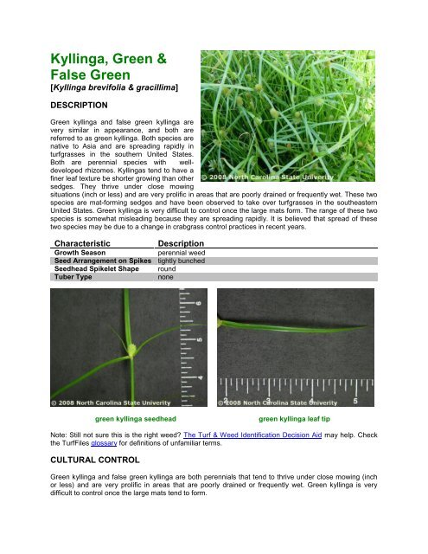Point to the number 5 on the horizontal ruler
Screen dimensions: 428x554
356,400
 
